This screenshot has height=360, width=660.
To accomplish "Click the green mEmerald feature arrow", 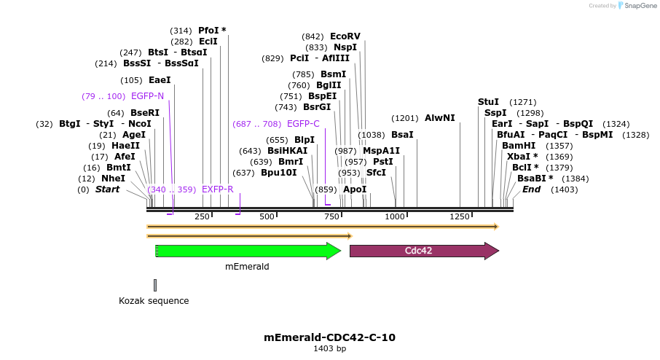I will (248, 251).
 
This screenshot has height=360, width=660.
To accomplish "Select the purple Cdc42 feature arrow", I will (424, 251).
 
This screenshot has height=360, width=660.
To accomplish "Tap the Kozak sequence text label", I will (154, 301).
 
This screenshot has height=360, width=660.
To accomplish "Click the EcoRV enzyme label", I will (345, 36).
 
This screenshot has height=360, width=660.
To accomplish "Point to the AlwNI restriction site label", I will (439, 118).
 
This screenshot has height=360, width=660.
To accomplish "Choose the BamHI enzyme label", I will (519, 146).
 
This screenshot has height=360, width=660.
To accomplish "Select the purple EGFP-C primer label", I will (303, 124).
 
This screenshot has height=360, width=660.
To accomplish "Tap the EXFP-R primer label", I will (217, 189).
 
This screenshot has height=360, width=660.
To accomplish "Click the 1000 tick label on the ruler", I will (395, 216).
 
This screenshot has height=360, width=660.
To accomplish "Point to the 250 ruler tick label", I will (203, 216).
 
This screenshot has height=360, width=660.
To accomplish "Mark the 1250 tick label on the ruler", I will (460, 216).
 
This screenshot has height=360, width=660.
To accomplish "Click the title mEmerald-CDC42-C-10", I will (329, 337).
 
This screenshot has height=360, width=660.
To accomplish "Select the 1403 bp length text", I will (329, 349).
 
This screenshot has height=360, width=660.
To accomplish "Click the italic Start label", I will (107, 189).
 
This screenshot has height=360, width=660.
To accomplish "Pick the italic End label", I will (532, 189).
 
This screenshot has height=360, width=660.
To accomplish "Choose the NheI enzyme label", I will (113, 179).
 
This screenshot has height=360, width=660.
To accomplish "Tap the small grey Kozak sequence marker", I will (155, 285).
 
